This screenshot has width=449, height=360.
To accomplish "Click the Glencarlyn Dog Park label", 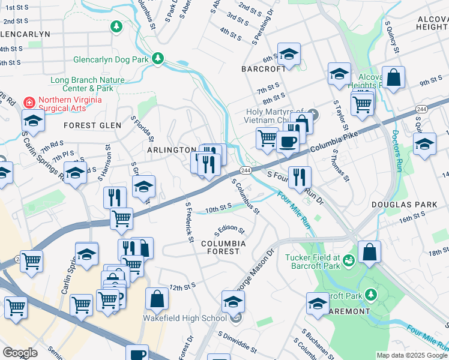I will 110,59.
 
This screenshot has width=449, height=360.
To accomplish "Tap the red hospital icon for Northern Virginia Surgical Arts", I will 28,102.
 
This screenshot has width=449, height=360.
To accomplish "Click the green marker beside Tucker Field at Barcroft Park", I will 349,259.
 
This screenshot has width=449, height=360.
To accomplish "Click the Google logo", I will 20,353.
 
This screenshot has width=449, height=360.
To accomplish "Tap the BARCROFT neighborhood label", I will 264,69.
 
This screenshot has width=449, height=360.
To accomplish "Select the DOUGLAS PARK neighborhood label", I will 413,205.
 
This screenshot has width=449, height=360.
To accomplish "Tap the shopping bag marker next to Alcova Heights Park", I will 393,77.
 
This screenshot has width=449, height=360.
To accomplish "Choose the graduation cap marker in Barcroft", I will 289,55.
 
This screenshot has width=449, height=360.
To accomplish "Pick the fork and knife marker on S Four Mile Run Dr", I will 299,177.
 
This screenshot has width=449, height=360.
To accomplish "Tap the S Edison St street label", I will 231,230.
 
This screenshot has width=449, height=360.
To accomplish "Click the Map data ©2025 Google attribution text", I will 411,355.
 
